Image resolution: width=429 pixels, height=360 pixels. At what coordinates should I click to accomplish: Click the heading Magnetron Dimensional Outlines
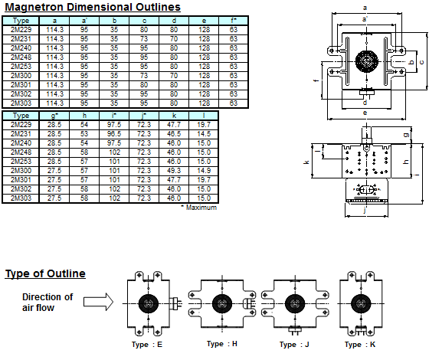coord(93,8)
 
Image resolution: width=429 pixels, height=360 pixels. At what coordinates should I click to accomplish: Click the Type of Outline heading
coord(45,273)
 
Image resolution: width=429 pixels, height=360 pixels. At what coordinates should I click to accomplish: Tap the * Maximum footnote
coord(198,207)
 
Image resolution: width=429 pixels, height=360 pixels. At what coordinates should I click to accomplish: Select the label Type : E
coord(147,344)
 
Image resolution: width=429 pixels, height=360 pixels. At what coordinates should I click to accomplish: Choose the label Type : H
coord(222,344)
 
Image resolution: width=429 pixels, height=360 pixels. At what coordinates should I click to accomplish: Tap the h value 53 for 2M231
coord(84,133)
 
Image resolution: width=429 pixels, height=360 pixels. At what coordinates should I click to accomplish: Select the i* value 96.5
coord(114,133)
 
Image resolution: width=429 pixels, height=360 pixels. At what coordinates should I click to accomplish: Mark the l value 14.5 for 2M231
coord(204,133)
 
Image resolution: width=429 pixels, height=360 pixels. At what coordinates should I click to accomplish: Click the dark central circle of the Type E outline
coord(147,303)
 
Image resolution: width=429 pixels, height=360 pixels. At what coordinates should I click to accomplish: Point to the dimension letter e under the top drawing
coord(365,113)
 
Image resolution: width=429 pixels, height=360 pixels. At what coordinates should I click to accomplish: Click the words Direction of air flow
coord(47,303)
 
